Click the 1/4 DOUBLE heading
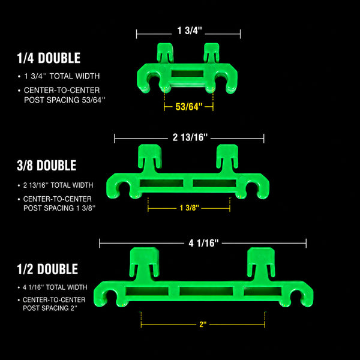[x=49, y=58]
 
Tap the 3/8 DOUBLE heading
[x=47, y=166]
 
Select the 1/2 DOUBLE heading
[x=47, y=269]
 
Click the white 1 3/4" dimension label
[x=190, y=31]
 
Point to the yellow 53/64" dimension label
[x=189, y=107]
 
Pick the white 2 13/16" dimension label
[x=190, y=137]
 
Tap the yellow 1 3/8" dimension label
[x=189, y=208]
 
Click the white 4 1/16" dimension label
[x=203, y=243]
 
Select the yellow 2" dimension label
[x=203, y=325]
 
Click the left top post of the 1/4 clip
[x=165, y=53]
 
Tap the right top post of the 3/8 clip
[x=227, y=158]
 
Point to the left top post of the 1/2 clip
[x=145, y=264]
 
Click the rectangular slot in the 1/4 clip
[x=187, y=74]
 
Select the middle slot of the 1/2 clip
[x=206, y=291]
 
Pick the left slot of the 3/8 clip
[x=161, y=183]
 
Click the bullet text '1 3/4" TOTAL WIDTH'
[x=62, y=76]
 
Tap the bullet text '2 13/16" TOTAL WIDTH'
[x=58, y=185]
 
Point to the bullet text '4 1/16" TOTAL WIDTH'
[x=55, y=287]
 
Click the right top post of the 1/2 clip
[x=261, y=264]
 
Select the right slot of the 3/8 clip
[x=215, y=183]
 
